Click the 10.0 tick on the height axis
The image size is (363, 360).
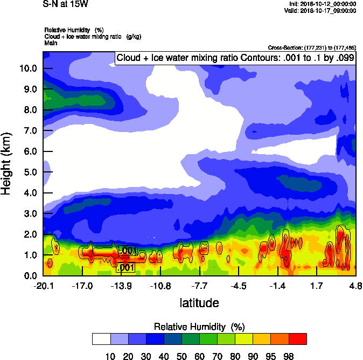[x=29, y=68]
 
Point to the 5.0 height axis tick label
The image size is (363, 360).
[x=29, y=172]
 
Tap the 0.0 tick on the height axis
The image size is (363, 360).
[x=29, y=275]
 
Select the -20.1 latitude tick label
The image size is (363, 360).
[x=43, y=286]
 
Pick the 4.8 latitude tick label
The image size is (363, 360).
[x=355, y=286]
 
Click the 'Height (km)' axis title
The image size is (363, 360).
[x=7, y=163]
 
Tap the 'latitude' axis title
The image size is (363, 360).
[x=199, y=303]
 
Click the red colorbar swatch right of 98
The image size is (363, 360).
[x=298, y=339]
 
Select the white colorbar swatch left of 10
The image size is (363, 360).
[x=101, y=339]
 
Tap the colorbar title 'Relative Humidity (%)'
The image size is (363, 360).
[x=199, y=327]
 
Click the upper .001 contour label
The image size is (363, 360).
[x=128, y=251]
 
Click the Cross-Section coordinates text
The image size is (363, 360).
[x=311, y=47]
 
